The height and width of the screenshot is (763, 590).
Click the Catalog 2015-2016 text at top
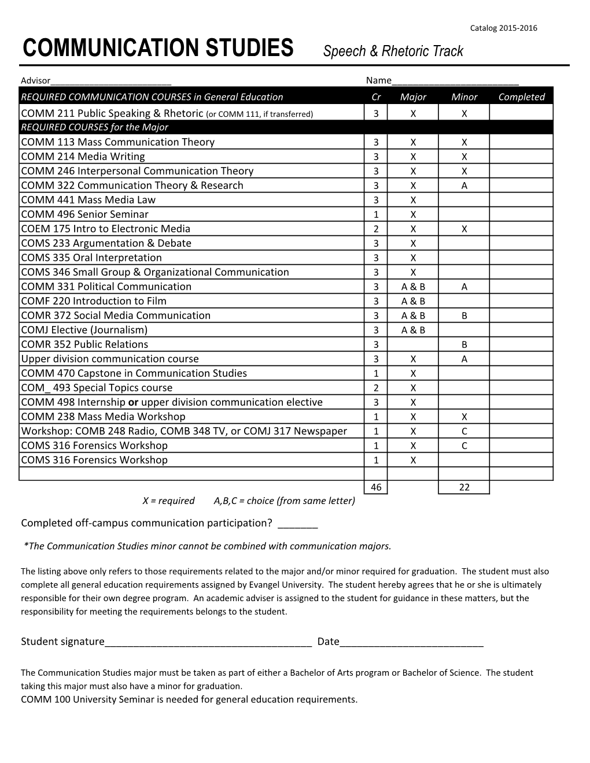[x=503, y=28]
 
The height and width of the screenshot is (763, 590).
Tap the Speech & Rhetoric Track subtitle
[x=393, y=51]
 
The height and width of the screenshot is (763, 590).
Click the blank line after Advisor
[x=110, y=82]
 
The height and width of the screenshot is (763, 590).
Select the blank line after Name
[x=455, y=82]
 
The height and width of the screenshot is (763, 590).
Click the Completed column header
[x=521, y=97]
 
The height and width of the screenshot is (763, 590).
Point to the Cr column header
[x=376, y=97]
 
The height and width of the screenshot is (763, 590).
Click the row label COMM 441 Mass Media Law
[x=88, y=200]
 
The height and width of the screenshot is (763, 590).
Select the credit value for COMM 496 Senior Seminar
[x=376, y=214]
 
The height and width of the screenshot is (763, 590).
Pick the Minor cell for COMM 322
[x=464, y=186]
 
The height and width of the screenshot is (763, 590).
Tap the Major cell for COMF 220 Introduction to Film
[x=412, y=301]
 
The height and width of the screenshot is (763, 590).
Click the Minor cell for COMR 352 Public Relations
[x=464, y=345]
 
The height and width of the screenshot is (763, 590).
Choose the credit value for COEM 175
[x=376, y=229]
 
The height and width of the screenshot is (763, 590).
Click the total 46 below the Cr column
[x=376, y=487]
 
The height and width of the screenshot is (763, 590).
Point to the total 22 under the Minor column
[x=464, y=487]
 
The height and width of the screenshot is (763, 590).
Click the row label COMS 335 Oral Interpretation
[x=91, y=258]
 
